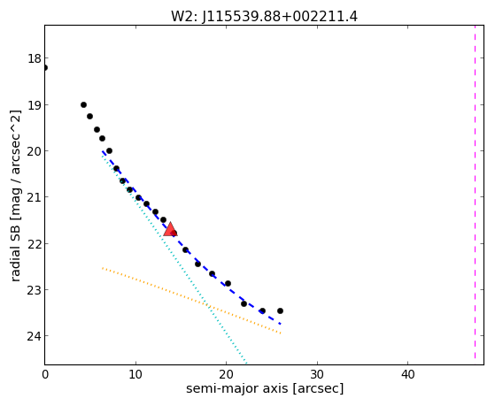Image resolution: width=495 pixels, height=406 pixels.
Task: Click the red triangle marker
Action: click(170, 230)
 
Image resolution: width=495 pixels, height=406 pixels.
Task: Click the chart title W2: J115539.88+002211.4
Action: click(264, 17)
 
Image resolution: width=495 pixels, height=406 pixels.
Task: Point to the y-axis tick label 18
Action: click(34, 58)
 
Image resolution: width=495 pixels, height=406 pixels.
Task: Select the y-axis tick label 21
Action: click(34, 197)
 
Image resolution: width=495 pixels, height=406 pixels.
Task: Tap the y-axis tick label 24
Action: click(34, 336)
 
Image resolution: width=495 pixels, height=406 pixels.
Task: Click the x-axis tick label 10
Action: click(135, 375)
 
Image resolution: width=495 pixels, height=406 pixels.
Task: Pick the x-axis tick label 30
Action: click(317, 375)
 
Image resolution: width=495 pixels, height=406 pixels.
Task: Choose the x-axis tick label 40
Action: click(407, 375)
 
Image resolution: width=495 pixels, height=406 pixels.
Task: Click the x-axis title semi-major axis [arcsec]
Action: click(265, 388)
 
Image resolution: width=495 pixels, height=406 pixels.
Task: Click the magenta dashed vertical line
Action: click(475, 192)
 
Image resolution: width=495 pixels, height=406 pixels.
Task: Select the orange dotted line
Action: click(191, 301)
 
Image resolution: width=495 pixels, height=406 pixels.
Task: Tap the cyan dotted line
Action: click(174, 258)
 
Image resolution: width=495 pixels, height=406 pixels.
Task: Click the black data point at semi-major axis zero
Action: click(45, 68)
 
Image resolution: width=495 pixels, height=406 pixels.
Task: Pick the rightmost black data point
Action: click(280, 310)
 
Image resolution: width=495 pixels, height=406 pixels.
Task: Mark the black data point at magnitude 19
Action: click(83, 104)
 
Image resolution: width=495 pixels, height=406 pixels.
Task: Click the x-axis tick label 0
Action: click(45, 375)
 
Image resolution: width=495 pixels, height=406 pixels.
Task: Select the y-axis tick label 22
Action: click(34, 244)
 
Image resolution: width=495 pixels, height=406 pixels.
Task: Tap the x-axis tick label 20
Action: click(226, 375)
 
